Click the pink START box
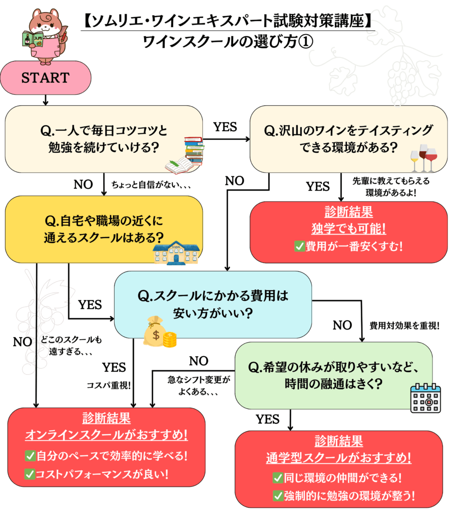pos(45,78)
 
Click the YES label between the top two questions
pos(225,127)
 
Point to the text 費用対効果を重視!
pos(404,325)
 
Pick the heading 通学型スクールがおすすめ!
pos(339,457)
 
